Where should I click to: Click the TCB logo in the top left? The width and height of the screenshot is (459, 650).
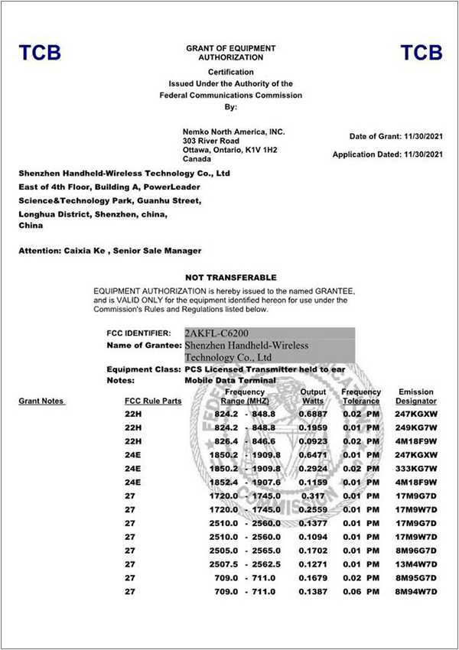click(x=40, y=53)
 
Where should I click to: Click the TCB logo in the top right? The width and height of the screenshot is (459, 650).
click(x=422, y=53)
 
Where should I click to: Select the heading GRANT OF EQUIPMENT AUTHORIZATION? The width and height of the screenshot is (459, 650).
click(x=230, y=53)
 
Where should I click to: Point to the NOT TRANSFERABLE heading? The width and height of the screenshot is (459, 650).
click(x=231, y=277)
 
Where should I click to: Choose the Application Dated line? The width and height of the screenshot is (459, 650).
click(x=388, y=154)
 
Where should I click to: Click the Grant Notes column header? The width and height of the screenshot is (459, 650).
click(x=41, y=401)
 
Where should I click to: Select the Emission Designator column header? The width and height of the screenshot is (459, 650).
click(x=416, y=396)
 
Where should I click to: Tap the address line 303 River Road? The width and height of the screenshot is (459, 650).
click(x=210, y=141)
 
